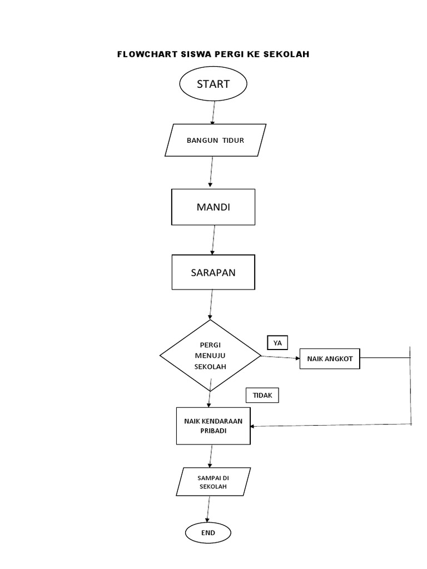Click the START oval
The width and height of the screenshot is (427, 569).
click(213, 84)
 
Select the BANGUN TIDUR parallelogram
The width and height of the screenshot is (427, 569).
click(216, 140)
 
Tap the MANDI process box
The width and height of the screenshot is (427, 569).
click(213, 207)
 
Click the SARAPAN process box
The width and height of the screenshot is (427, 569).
click(213, 272)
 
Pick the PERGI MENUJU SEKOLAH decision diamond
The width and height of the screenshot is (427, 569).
click(210, 356)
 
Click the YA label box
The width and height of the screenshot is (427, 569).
click(277, 343)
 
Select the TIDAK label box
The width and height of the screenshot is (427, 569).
click(262, 395)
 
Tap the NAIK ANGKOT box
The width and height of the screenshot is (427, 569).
click(330, 358)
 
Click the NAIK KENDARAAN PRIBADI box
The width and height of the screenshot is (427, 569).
click(213, 426)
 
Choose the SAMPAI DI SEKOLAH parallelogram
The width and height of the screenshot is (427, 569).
click(213, 481)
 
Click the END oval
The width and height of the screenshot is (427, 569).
click(208, 533)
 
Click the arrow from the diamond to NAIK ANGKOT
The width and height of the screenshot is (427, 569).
click(280, 357)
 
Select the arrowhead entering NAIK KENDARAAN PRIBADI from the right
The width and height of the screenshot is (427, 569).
click(254, 426)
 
